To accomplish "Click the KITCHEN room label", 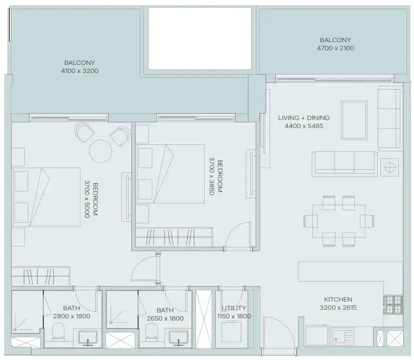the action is coord(338,299).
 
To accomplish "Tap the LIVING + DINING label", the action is coord(304,118).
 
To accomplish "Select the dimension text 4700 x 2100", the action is coord(336,48).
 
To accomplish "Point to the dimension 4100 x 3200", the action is coord(80,71).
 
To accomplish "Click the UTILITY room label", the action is coord(234,308).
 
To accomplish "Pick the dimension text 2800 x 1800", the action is coord(71,316).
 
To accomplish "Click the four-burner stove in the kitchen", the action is coord(393,304).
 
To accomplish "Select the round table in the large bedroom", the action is coord(101,151).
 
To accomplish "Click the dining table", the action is coord(339,221).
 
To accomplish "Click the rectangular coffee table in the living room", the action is coord(354,120).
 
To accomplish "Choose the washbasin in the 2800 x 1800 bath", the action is coord(88,338).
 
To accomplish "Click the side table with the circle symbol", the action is coord(390,167).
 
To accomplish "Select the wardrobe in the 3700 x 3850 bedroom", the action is coord(174,237).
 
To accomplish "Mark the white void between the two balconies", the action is coord(200,38).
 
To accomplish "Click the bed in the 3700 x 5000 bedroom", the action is coord(46,197).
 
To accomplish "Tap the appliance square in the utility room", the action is coord(231,332).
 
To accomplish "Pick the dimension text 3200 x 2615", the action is coord(338,308).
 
